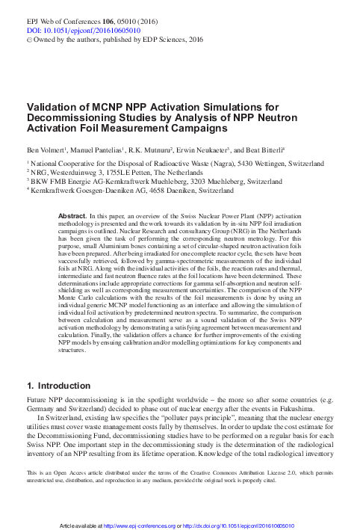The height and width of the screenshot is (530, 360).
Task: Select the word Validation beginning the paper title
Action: click(53, 107)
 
